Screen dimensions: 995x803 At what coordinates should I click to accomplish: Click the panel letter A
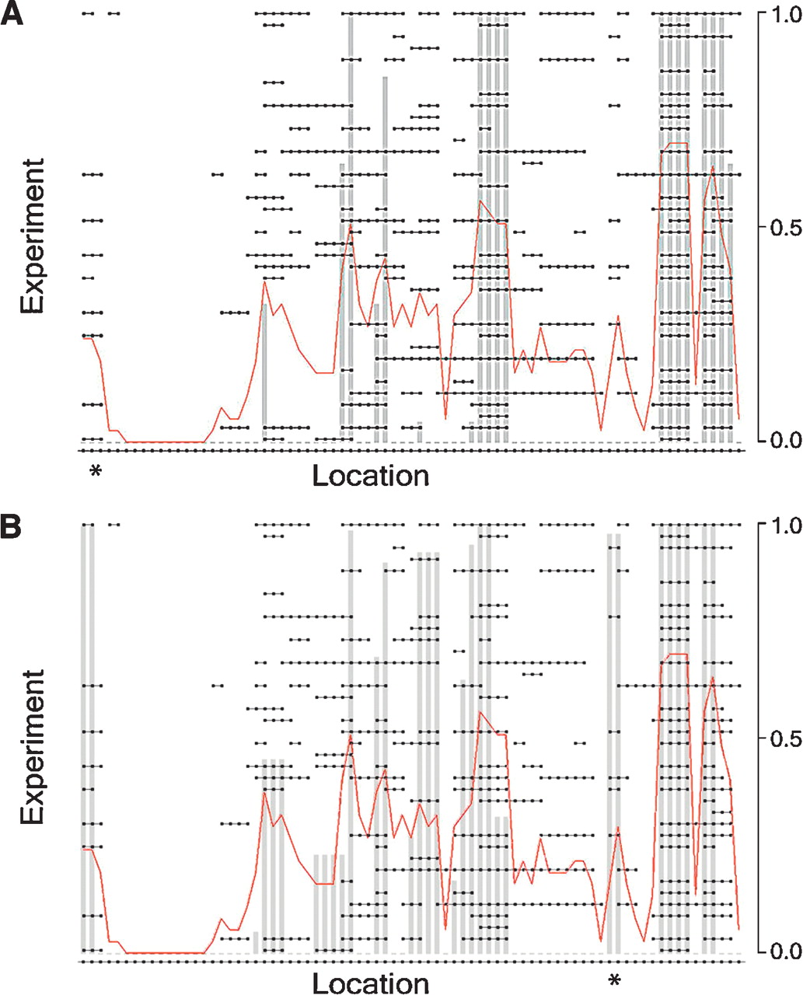[13, 14]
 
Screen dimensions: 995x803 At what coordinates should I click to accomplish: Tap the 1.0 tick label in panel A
[780, 14]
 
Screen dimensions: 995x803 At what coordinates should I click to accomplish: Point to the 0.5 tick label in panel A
[780, 227]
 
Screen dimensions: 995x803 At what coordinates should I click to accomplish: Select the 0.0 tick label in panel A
[780, 440]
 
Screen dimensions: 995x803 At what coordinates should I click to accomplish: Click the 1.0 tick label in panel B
[780, 525]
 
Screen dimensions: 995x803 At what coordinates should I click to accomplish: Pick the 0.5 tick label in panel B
[780, 738]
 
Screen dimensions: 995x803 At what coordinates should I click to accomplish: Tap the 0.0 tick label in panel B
[780, 951]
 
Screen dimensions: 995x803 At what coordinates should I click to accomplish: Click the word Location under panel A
[370, 476]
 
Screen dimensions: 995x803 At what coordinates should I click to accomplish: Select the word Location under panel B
[370, 983]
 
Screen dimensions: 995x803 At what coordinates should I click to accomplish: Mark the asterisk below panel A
[96, 472]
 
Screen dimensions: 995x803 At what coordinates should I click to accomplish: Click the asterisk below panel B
[615, 981]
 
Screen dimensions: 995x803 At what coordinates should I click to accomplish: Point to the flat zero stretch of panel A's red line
[163, 442]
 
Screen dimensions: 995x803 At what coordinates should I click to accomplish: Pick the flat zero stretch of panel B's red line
[163, 952]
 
